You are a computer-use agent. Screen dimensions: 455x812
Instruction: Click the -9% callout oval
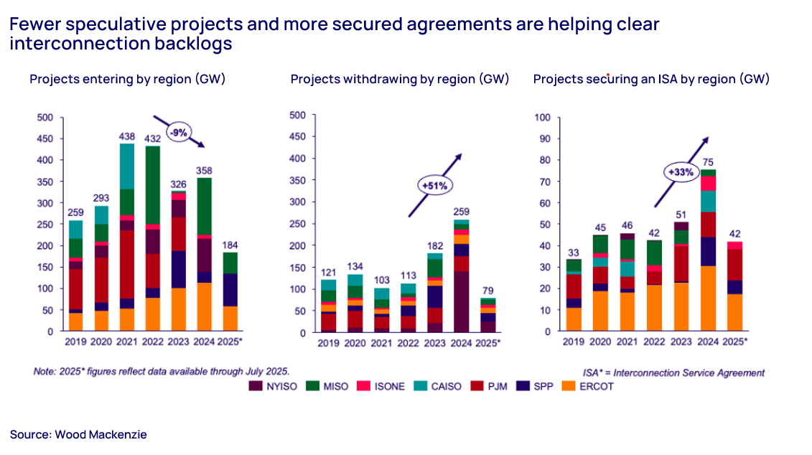[179, 133]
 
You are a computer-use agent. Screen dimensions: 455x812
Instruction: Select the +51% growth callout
[435, 185]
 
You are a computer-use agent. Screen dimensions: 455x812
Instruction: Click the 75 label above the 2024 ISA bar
[709, 161]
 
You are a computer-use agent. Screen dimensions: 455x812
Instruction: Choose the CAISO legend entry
[445, 386]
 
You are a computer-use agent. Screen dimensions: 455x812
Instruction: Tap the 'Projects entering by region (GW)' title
[128, 79]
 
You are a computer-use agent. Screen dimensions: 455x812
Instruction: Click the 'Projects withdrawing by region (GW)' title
[400, 79]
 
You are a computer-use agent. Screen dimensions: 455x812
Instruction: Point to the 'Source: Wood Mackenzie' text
[78, 434]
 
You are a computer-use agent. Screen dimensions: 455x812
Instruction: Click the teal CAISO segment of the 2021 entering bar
[126, 166]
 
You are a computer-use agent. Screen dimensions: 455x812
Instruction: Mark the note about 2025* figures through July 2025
[162, 371]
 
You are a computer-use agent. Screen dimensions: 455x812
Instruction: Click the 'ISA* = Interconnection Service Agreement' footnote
[674, 372]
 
